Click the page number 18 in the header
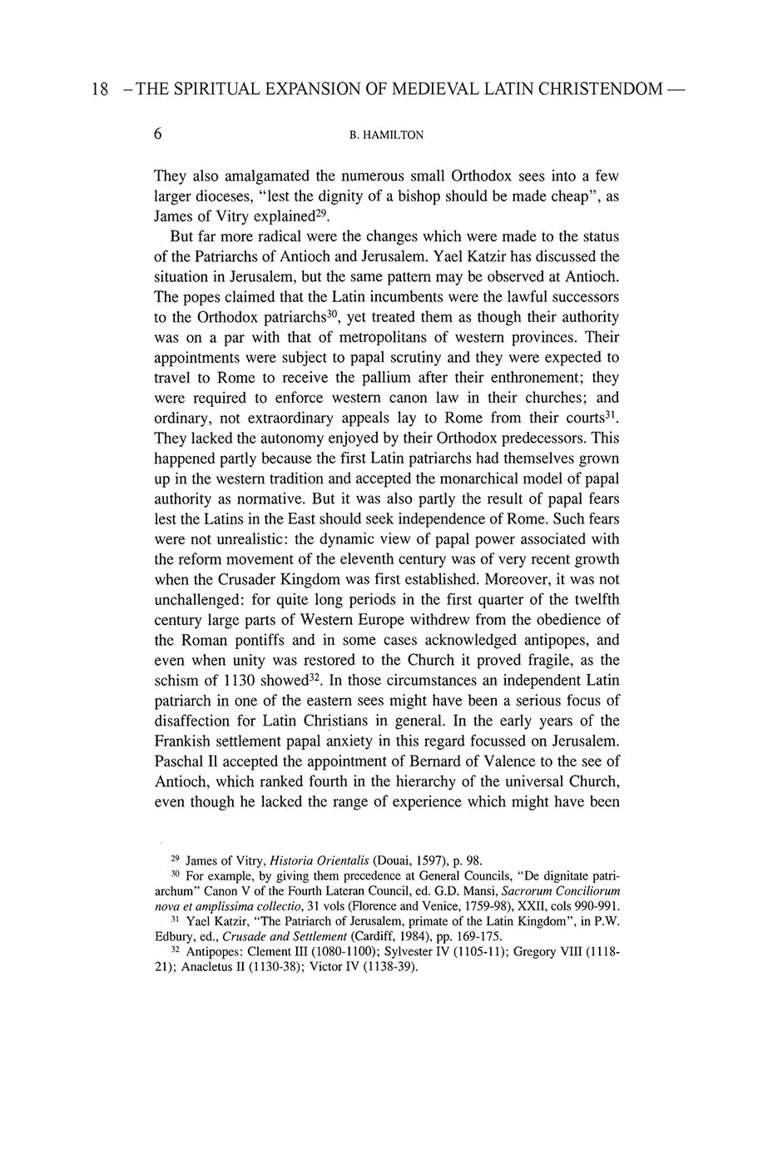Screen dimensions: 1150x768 pyautogui.click(x=99, y=89)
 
